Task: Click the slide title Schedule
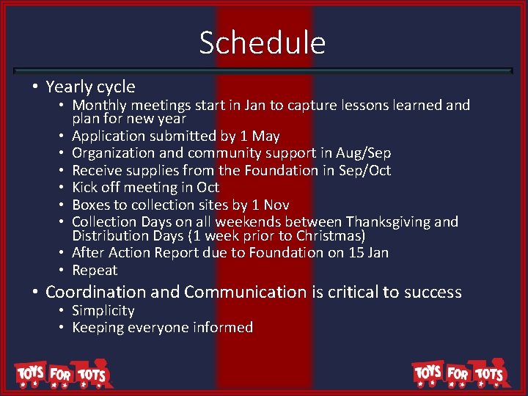pyautogui.click(x=262, y=43)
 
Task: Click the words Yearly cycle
pyautogui.click(x=90, y=87)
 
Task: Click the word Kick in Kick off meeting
pyautogui.click(x=85, y=188)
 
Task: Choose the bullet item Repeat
pyautogui.click(x=95, y=270)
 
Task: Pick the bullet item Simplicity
pyautogui.click(x=103, y=311)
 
